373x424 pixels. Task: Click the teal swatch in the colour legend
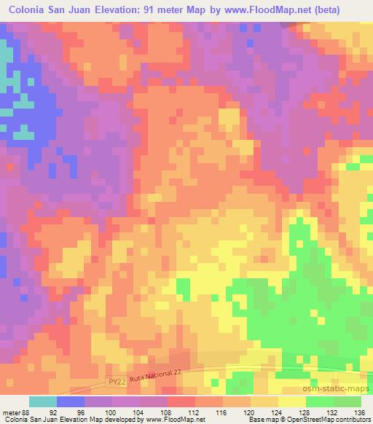coord(43,401)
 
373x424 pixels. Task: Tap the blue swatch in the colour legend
coord(71,401)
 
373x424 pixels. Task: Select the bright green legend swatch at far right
coord(348,401)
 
